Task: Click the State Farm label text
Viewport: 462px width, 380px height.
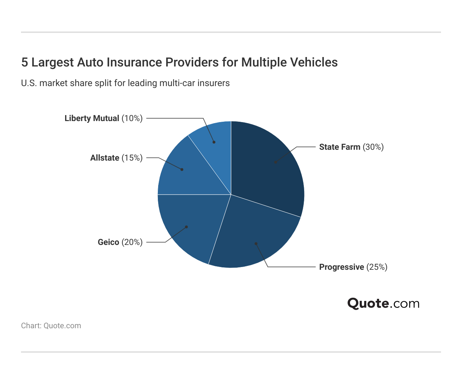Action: click(339, 147)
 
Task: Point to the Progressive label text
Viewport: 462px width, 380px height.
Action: click(342, 267)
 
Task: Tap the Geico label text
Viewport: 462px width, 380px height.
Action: click(108, 242)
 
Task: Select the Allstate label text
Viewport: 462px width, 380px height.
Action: click(105, 158)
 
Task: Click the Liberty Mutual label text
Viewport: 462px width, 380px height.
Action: click(92, 118)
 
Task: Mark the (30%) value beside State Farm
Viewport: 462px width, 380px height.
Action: click(373, 147)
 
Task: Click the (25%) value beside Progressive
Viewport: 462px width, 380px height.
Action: click(377, 267)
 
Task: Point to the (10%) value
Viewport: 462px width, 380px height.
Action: click(132, 118)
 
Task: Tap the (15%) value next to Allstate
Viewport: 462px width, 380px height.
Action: click(132, 158)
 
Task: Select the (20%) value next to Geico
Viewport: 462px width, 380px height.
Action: click(132, 242)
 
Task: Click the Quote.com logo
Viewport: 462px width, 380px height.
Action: click(383, 303)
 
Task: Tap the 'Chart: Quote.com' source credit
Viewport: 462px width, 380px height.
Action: click(51, 326)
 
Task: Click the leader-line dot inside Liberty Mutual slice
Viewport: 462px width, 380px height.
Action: click(214, 142)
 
